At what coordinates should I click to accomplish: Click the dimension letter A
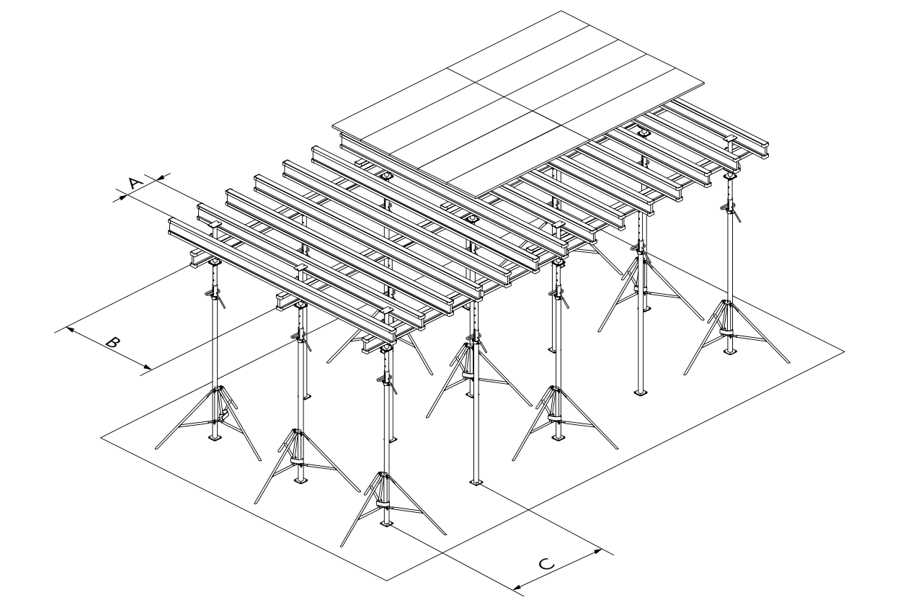point(136,183)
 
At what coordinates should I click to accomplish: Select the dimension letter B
point(113,342)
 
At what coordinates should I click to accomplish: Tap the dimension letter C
point(546,563)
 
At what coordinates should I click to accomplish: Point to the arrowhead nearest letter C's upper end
point(596,552)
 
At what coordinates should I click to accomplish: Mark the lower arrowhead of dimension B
point(147,367)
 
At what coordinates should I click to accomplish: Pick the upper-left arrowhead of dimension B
point(71,329)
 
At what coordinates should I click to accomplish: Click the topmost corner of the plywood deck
point(561,12)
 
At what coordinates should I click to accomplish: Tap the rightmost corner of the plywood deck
point(703,83)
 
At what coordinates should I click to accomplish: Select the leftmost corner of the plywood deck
point(333,126)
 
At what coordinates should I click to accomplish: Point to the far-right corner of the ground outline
point(845,351)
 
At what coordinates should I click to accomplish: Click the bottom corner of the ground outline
point(387,581)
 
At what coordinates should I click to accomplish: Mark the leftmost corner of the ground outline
point(101,438)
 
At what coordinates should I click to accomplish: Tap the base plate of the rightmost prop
point(729,351)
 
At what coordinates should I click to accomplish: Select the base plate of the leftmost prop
point(215,438)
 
